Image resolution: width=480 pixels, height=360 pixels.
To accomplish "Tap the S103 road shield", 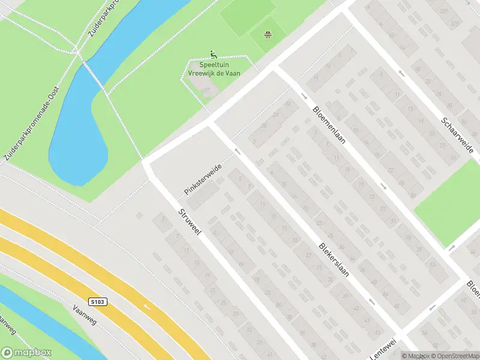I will point(100,301).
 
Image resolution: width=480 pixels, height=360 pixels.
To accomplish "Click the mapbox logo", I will point(26,353).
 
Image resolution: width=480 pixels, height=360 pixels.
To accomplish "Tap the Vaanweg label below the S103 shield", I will point(84,313).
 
